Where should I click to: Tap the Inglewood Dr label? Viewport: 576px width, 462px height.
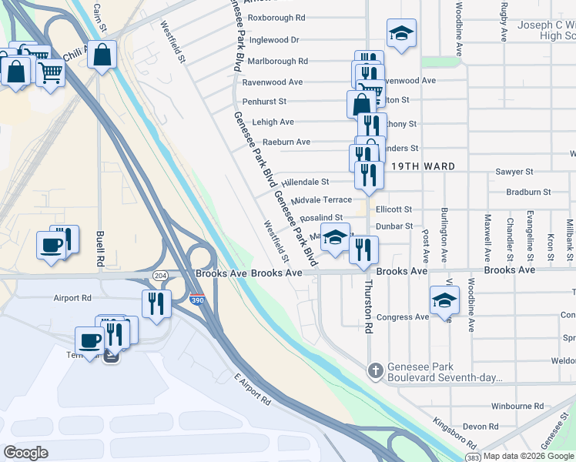pyautogui.click(x=273, y=39)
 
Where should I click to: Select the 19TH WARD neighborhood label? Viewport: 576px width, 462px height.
pyautogui.click(x=422, y=166)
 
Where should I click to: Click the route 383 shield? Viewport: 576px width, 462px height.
pyautogui.click(x=473, y=457)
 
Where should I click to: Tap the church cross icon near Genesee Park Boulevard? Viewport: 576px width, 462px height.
pyautogui.click(x=375, y=371)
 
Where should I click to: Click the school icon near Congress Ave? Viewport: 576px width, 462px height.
pyautogui.click(x=444, y=300)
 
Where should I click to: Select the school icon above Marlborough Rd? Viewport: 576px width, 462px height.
pyautogui.click(x=401, y=33)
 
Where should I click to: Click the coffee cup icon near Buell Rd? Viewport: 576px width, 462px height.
pyautogui.click(x=52, y=246)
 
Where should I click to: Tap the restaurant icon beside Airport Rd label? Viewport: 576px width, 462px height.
pyautogui.click(x=156, y=303)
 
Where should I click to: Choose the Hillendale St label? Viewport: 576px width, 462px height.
pyautogui.click(x=305, y=182)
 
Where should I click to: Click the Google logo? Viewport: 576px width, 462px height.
pyautogui.click(x=26, y=452)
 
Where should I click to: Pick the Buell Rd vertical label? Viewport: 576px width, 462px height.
pyautogui.click(x=100, y=249)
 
